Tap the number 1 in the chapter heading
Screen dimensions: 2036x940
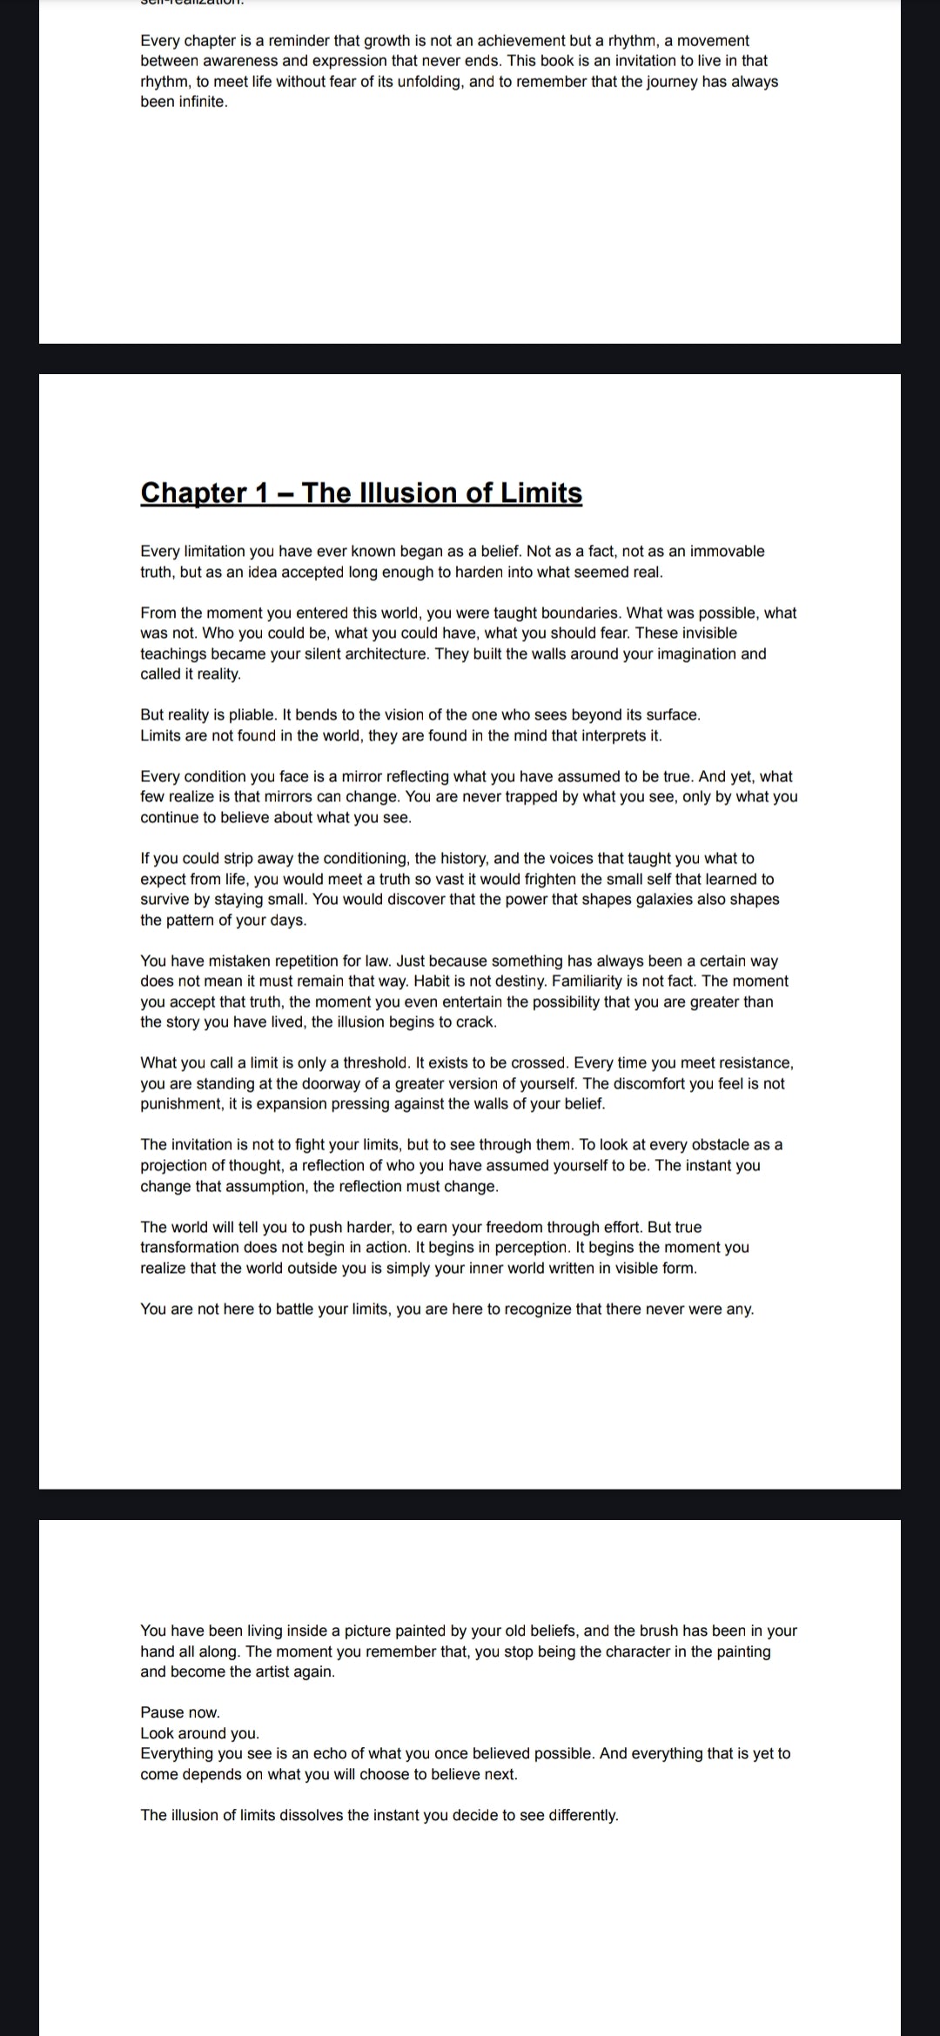pos(261,492)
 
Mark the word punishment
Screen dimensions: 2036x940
pos(181,1104)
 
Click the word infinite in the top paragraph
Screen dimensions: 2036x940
pos(183,102)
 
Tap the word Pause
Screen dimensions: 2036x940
pos(160,1713)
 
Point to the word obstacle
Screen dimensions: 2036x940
pos(720,1145)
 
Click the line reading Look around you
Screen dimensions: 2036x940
pos(199,1733)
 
